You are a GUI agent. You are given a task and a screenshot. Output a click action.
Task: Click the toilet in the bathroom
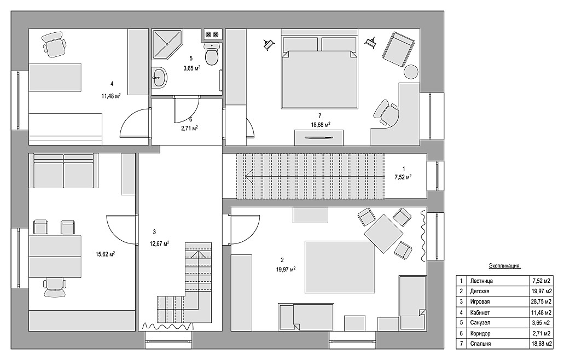212,53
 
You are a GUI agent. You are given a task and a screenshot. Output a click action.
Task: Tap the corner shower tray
167,44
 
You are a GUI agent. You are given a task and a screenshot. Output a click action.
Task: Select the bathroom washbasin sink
159,77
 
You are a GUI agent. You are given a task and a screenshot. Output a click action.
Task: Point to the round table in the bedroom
411,72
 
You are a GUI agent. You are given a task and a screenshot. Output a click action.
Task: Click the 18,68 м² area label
321,124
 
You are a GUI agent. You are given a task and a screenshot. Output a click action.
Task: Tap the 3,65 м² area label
191,68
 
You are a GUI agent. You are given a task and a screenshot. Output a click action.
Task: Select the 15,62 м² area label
106,254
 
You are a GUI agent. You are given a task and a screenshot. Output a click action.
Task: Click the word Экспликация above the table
505,266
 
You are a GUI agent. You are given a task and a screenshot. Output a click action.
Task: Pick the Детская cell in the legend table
480,291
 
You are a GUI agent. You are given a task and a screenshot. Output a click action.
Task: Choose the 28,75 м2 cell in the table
542,301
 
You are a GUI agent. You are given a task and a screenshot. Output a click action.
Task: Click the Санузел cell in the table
480,323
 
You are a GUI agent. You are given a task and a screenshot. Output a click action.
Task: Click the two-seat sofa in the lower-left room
63,171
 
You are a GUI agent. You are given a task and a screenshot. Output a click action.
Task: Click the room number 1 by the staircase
404,169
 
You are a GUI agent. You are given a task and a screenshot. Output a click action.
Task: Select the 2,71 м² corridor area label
190,127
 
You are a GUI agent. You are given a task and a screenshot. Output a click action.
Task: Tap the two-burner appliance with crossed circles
212,34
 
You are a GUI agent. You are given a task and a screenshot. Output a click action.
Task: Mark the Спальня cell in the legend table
480,344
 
